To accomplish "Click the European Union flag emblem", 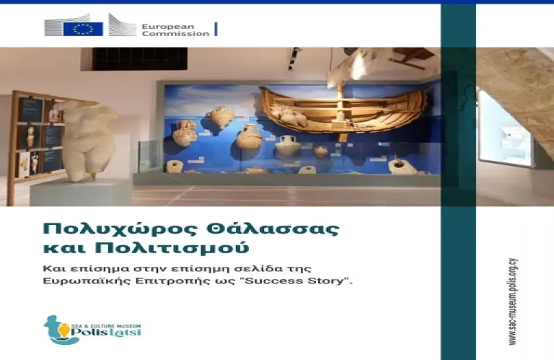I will [83, 28].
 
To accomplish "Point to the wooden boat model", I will [340, 111].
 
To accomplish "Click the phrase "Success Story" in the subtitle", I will [315, 280].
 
